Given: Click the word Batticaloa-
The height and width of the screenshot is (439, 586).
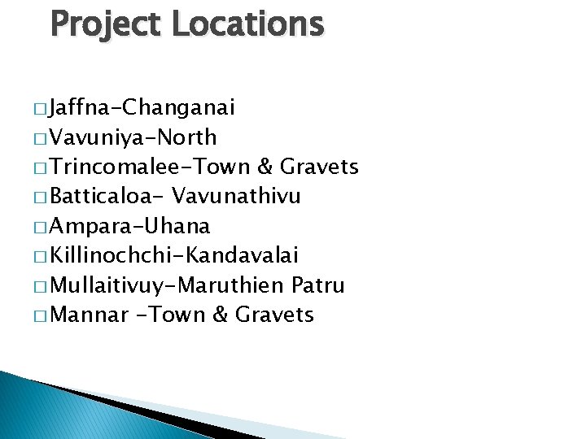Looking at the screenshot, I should (x=105, y=197).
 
